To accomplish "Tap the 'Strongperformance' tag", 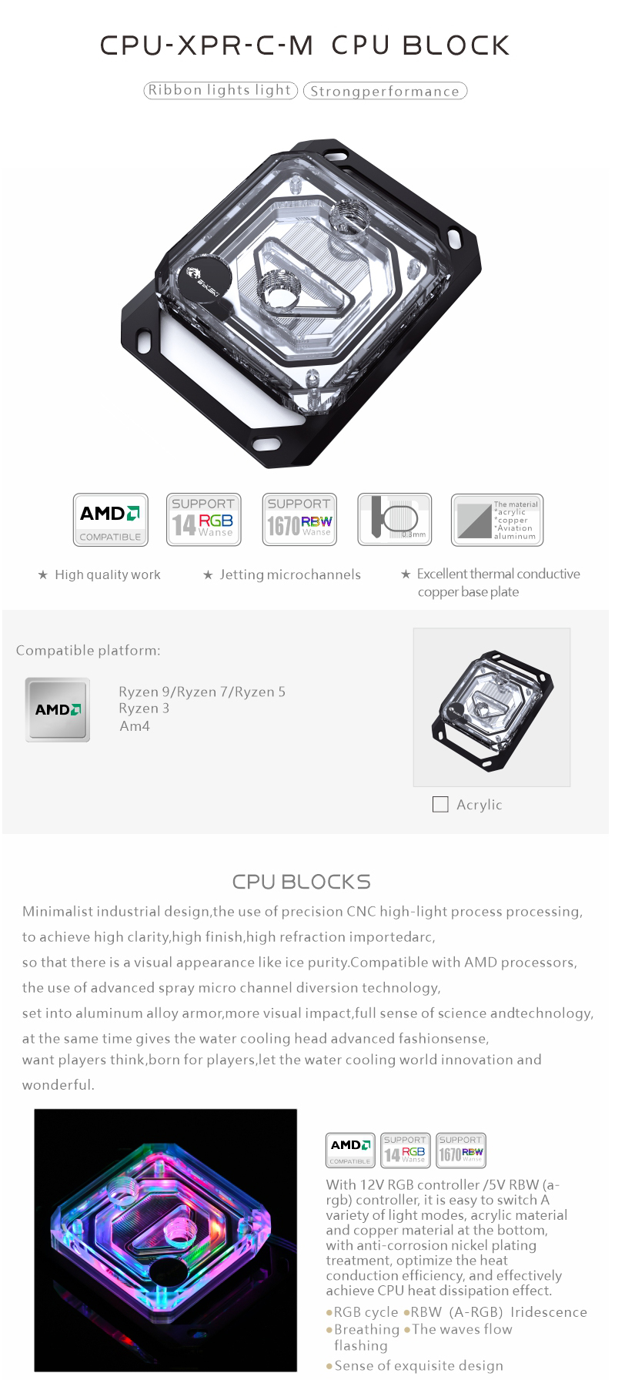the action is coord(385,91).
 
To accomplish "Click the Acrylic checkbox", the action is coord(440,804).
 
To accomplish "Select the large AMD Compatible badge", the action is coord(111,520).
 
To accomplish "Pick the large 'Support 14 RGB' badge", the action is coord(204,520).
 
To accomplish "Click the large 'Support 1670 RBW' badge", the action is coord(299,520).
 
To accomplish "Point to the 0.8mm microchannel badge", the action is coord(395,520).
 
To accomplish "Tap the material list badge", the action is coord(497,520).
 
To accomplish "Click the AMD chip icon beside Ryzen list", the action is coord(58,709).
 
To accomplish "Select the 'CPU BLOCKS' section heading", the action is coord(302,882).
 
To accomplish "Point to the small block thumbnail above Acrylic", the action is coord(492,707).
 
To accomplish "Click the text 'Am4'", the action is coord(135,726).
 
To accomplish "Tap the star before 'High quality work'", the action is coord(43,574).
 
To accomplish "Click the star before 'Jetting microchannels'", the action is coord(208,574).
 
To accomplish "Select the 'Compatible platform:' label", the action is coord(89,651).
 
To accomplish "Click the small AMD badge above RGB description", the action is coord(351,1150).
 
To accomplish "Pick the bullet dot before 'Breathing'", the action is coord(329,1329).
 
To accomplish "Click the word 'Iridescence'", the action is coord(549,1311).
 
